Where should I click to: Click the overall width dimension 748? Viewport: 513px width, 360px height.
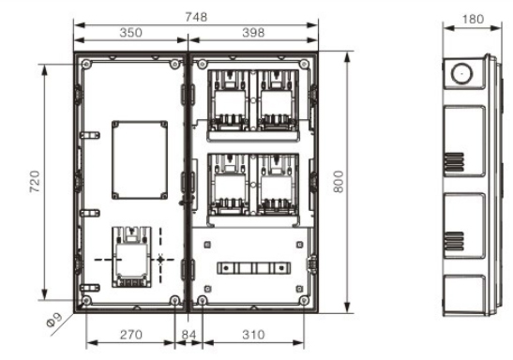coord(196,17)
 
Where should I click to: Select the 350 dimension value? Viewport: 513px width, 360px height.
coord(130,33)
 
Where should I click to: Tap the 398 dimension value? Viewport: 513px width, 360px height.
coord(253,33)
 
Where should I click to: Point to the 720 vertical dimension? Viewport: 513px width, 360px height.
coord(35,182)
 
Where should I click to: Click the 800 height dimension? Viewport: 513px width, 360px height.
coord(339,182)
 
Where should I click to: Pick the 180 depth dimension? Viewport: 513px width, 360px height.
coord(473,20)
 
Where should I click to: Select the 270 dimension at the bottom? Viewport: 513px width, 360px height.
coord(131,335)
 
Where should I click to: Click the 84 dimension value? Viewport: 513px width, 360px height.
coord(189,335)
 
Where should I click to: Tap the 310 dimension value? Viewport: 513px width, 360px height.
coord(253,335)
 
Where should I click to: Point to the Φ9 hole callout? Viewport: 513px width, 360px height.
coord(54,320)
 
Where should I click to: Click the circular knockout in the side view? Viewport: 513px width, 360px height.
coord(461,73)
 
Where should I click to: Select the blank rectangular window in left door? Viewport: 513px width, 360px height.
coord(140,160)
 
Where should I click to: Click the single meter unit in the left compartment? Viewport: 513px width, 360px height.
coord(131,257)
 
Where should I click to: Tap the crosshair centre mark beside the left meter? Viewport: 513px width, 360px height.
coord(160,260)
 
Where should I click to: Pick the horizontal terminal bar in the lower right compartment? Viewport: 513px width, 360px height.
coord(253,268)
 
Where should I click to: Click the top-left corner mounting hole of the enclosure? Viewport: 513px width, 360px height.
coord(86,64)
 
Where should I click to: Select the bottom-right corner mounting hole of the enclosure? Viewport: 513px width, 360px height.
coord(305,300)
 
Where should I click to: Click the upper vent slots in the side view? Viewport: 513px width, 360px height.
coord(454,162)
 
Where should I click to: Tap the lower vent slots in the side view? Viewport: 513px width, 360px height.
coord(454,241)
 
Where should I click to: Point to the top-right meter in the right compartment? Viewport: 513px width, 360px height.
coord(278,100)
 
